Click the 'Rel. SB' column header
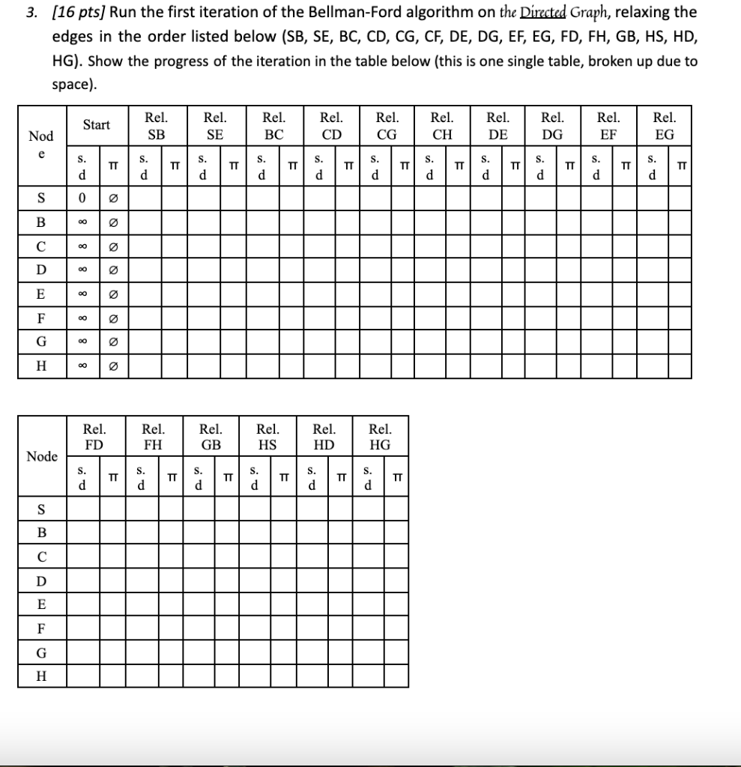click(156, 126)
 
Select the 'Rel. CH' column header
click(442, 126)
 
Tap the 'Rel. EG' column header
click(664, 126)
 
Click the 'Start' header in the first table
click(97, 125)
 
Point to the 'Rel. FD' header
click(94, 436)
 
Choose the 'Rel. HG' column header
click(380, 436)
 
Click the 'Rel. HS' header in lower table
click(267, 436)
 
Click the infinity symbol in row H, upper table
click(82, 366)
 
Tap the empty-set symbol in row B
click(112, 223)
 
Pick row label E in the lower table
click(41, 604)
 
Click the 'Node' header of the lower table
click(41, 456)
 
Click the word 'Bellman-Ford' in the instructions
click(350, 13)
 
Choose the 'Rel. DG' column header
click(553, 126)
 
